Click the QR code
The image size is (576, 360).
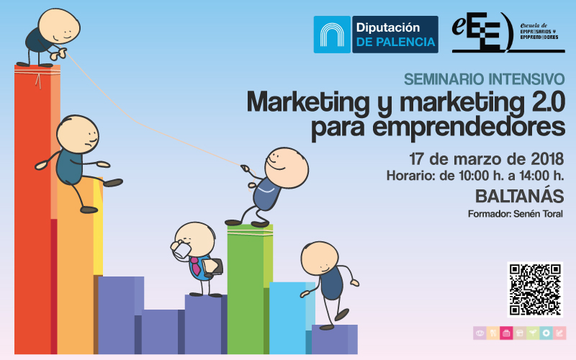535,289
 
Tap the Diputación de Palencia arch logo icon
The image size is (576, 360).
332,35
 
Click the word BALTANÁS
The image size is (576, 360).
519,196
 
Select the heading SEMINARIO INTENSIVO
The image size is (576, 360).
484,79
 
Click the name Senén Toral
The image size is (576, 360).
538,214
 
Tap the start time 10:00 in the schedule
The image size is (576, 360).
474,176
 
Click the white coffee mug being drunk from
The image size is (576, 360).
182,251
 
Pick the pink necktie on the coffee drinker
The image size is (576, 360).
194,266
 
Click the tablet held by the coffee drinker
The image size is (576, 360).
212,266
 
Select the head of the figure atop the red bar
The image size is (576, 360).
59,26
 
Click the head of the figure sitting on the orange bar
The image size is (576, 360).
78,134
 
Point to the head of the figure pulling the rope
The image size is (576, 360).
287,168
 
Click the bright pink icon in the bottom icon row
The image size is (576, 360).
506,333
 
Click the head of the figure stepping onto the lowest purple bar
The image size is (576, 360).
320,258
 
